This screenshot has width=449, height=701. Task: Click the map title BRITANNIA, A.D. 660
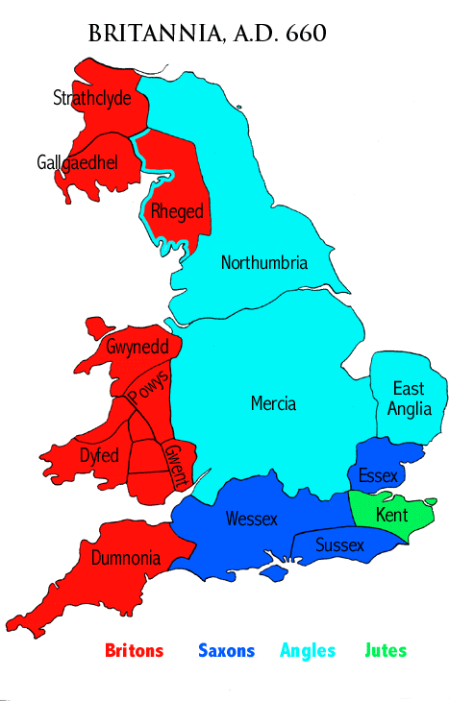pyautogui.click(x=207, y=35)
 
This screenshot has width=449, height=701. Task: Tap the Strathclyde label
pyautogui.click(x=91, y=99)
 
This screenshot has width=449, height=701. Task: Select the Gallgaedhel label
pyautogui.click(x=77, y=162)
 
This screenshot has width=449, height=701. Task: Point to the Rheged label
pyautogui.click(x=178, y=212)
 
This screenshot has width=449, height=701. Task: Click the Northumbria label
pyautogui.click(x=264, y=262)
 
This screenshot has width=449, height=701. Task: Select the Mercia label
pyautogui.click(x=273, y=403)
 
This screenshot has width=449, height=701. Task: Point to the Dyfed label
pyautogui.click(x=99, y=454)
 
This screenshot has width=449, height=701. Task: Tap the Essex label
pyautogui.click(x=377, y=474)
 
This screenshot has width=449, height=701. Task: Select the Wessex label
pyautogui.click(x=251, y=519)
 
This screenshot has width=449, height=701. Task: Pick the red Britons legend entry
pyautogui.click(x=134, y=651)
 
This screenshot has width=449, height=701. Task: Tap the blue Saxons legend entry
pyautogui.click(x=226, y=651)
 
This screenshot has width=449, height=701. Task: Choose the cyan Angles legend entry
pyautogui.click(x=308, y=651)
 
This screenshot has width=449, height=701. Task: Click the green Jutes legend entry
pyautogui.click(x=387, y=651)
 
